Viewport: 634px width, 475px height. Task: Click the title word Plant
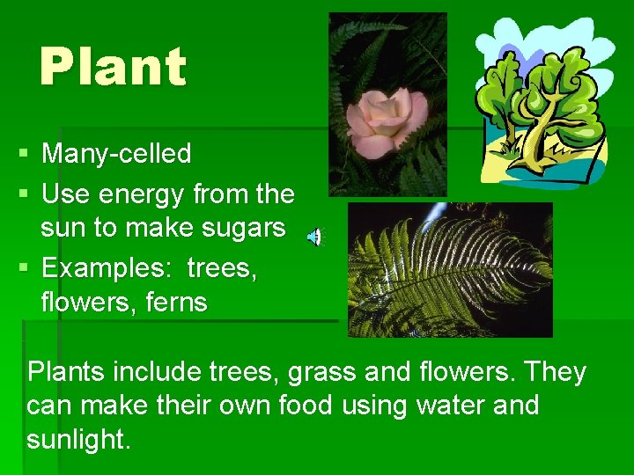(113, 68)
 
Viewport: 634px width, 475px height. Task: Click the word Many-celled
(116, 154)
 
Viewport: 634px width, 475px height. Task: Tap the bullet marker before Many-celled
(23, 155)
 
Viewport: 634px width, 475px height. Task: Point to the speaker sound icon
(314, 237)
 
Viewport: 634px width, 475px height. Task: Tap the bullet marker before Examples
(23, 267)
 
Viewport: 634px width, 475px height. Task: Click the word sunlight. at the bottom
(78, 440)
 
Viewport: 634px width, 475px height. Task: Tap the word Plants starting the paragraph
(65, 373)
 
